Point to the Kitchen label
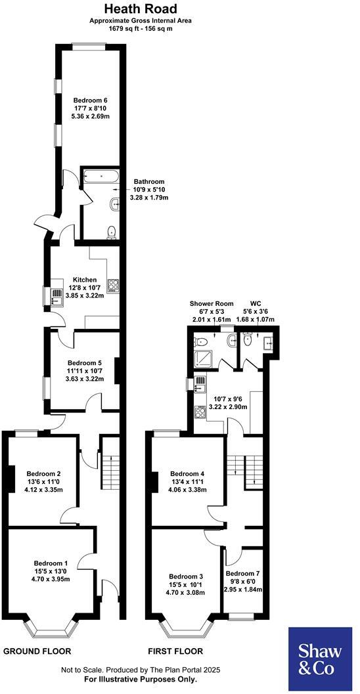[85, 279]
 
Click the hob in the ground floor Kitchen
[112, 285]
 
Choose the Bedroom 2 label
[43, 473]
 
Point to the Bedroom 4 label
[187, 473]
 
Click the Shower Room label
[208, 303]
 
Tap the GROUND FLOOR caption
[37, 651]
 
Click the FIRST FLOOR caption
[175, 651]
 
